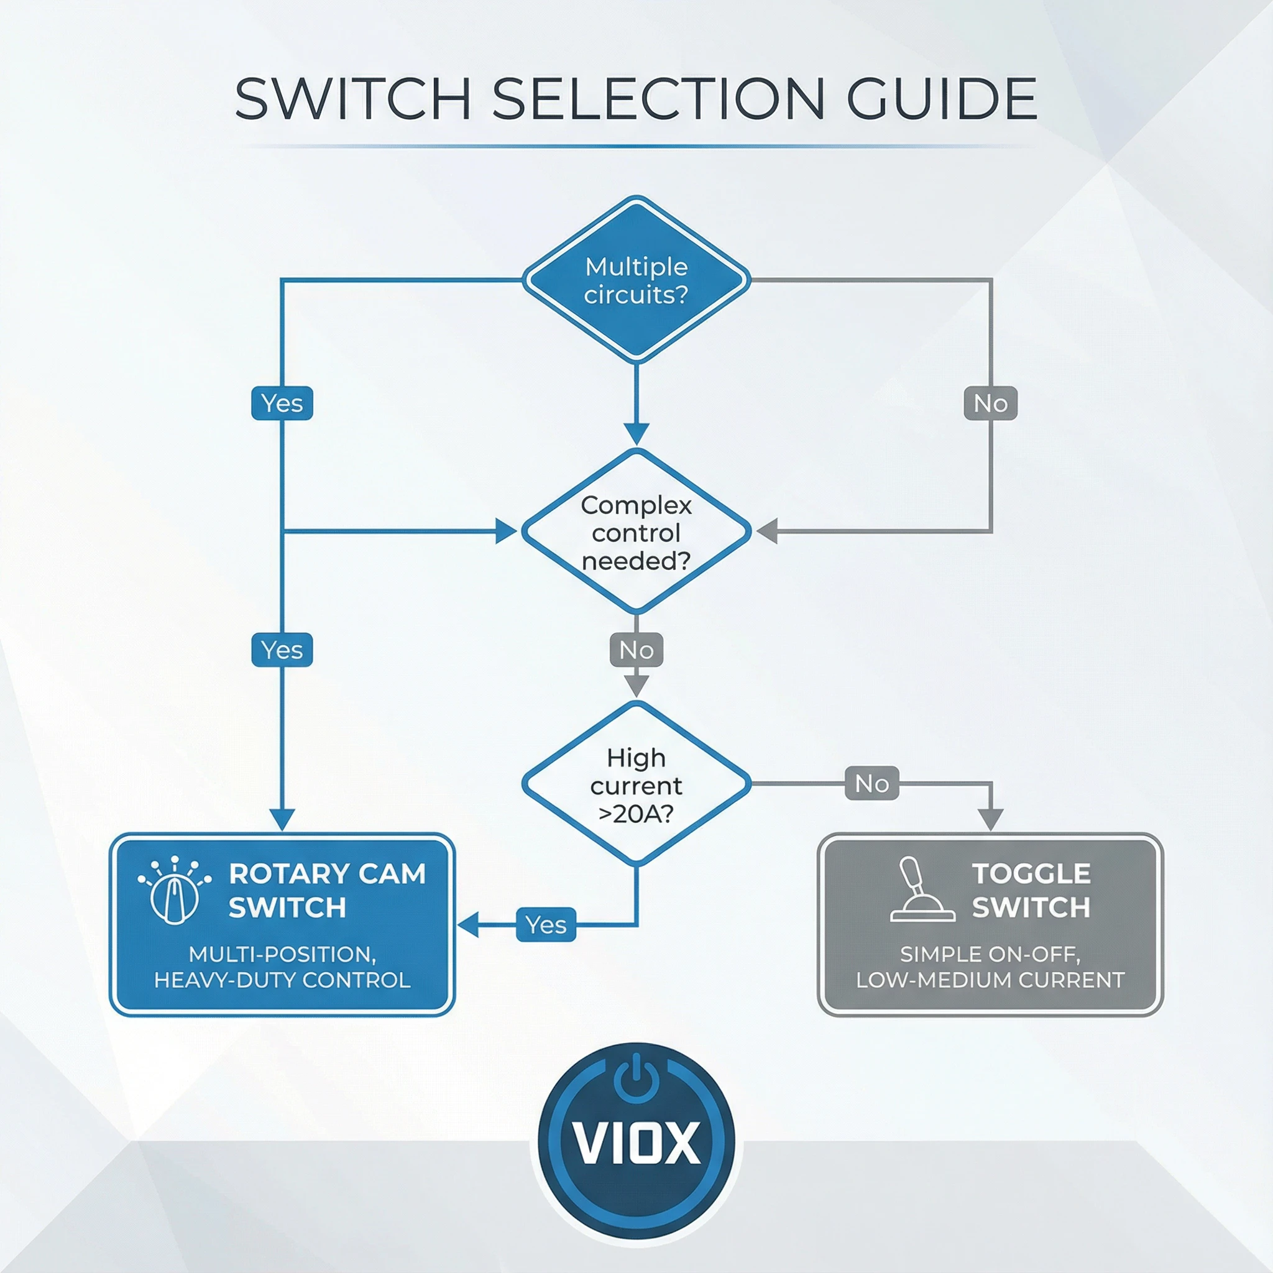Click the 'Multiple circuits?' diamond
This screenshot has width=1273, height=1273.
(636, 280)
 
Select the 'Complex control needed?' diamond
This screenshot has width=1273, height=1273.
(636, 533)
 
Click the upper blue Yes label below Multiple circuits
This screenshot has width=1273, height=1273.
(282, 403)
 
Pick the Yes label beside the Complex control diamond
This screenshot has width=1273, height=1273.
(282, 650)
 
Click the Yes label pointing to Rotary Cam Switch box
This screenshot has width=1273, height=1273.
(546, 925)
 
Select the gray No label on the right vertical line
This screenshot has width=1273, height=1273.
(990, 403)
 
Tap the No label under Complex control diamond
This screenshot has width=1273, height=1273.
(636, 650)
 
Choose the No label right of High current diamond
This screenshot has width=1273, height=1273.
(871, 783)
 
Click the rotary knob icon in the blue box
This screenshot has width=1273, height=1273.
(175, 891)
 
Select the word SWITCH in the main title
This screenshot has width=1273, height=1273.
(352, 99)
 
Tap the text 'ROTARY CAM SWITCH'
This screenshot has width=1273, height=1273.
(327, 891)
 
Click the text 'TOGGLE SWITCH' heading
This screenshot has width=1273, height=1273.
(1031, 891)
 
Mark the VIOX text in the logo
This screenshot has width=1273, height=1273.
(636, 1142)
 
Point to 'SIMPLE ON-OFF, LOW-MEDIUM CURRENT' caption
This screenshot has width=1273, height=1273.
(990, 967)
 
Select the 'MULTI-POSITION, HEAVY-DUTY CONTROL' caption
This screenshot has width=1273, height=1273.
(282, 967)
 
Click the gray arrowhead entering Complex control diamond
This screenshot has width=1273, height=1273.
(767, 531)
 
